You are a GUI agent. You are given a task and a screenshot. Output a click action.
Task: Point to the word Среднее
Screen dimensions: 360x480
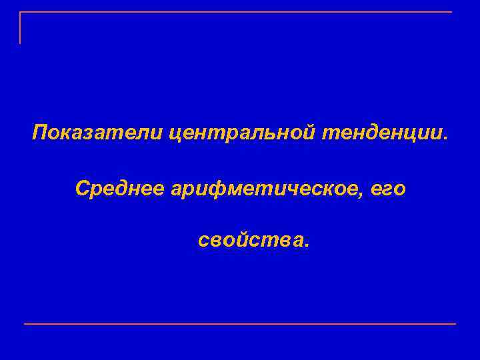click(x=120, y=189)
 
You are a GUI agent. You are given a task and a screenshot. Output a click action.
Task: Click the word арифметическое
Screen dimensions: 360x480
click(x=266, y=189)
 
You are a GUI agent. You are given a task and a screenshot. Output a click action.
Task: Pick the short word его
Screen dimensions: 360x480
click(x=389, y=190)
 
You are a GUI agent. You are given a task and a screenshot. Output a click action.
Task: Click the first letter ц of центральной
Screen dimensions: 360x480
click(x=174, y=133)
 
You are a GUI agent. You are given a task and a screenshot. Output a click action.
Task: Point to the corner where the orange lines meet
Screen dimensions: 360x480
click(x=20, y=12)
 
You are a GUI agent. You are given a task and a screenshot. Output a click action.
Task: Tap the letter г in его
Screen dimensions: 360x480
click(x=388, y=191)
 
